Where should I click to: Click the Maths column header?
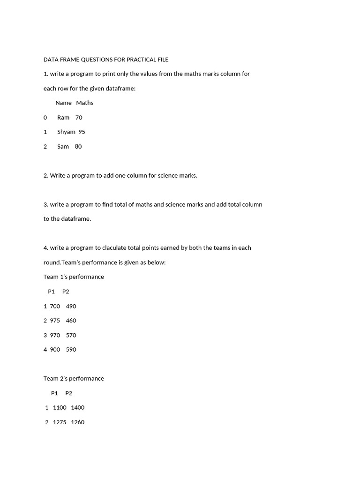click(85, 103)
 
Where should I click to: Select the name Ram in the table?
click(63, 117)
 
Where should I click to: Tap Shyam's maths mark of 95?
click(82, 132)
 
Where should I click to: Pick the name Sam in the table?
click(63, 146)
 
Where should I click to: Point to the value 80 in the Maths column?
click(78, 146)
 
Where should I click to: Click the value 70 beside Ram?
click(79, 117)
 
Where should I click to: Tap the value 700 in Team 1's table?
click(55, 306)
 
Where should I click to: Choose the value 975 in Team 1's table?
click(55, 321)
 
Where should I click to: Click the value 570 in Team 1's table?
click(71, 335)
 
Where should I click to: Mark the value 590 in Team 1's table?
click(71, 349)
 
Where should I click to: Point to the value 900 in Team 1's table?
click(55, 349)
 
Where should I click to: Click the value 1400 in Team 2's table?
click(78, 407)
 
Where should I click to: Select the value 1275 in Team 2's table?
click(60, 422)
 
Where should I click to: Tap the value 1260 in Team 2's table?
click(78, 422)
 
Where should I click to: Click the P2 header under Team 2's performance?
click(69, 393)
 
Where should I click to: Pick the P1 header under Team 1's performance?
click(52, 291)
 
